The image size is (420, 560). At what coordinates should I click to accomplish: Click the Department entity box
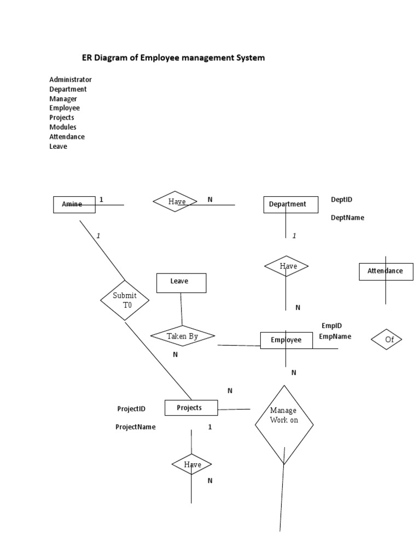(x=290, y=205)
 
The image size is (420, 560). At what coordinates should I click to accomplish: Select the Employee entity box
(x=286, y=340)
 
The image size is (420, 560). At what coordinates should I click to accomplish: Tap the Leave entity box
(x=181, y=283)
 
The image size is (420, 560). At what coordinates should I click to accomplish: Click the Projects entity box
(x=191, y=407)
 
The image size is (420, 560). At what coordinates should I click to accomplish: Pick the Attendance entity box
(x=386, y=271)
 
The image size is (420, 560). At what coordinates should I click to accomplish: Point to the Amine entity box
(x=74, y=205)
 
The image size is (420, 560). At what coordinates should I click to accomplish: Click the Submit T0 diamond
(x=125, y=300)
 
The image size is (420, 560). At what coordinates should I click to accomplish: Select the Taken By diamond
(x=182, y=336)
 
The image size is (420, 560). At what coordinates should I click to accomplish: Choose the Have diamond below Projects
(x=192, y=465)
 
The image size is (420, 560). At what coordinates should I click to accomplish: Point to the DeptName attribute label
(x=347, y=218)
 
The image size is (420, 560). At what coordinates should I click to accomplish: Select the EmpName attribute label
(x=335, y=336)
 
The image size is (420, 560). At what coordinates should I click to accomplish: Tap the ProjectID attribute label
(x=131, y=409)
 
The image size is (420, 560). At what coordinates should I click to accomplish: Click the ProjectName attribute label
(x=135, y=427)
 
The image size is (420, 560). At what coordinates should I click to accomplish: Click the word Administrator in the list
(x=71, y=79)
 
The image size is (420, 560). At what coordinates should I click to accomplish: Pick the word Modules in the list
(x=63, y=127)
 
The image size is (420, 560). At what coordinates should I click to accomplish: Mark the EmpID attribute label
(x=331, y=325)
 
